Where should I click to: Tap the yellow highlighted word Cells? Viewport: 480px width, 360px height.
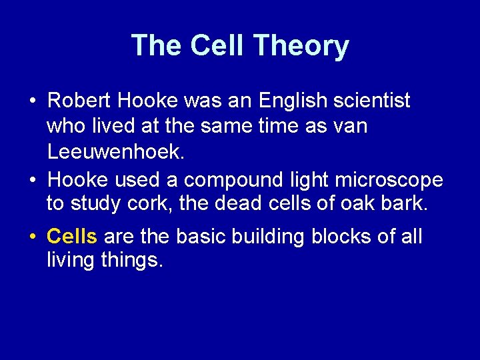coord(73,236)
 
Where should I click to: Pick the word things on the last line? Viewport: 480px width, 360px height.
coord(133,261)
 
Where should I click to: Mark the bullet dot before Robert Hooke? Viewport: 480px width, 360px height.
coord(32,102)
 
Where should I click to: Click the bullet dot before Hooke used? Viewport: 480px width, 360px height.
coord(32,181)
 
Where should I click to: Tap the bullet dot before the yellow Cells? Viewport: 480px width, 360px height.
coord(32,237)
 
